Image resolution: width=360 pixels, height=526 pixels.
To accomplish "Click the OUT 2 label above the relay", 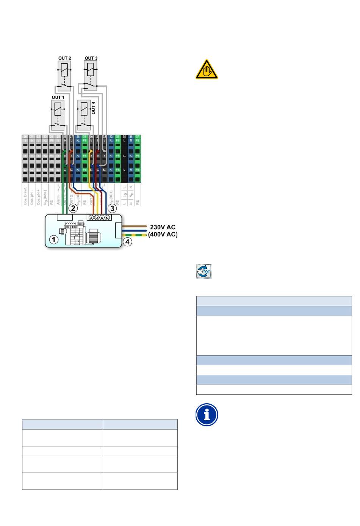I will click(64, 58).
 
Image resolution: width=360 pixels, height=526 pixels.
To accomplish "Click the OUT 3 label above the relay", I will click(91, 58).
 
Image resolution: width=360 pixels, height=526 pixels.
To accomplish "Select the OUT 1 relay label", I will click(58, 97).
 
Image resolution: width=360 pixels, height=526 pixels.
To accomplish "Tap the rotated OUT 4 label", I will click(94, 108).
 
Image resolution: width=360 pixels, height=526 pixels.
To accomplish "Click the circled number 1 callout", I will click(55, 240).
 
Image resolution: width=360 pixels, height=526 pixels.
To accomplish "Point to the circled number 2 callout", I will click(73, 208).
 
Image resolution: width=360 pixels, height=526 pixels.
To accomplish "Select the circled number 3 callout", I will click(112, 208).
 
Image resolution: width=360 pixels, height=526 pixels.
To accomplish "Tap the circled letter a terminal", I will click(91, 218).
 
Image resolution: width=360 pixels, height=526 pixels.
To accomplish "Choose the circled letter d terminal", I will click(107, 218).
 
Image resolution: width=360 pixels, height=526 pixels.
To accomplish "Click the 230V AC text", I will click(163, 227).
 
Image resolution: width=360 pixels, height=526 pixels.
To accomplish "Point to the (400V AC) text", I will click(163, 234).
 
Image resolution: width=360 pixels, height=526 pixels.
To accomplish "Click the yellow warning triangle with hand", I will click(207, 70).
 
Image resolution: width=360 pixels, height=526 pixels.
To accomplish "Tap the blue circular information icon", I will click(207, 415).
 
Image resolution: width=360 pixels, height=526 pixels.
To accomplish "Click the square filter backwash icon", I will click(204, 271).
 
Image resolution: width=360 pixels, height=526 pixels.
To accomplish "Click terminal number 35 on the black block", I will click(124, 136).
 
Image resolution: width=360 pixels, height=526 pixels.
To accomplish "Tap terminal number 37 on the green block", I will click(138, 136).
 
